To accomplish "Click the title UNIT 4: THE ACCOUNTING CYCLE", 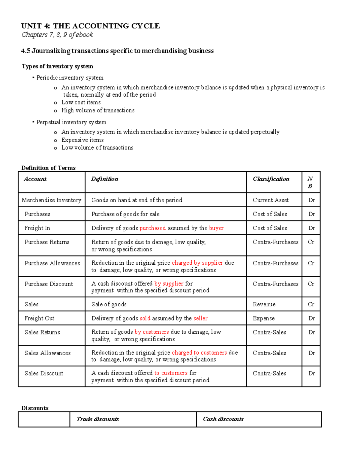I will [90, 26].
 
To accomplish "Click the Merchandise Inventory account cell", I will [52, 200].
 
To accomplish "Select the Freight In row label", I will [37, 228].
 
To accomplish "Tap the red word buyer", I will [216, 228].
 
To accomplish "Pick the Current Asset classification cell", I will [271, 200].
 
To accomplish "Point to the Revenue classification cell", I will [264, 304].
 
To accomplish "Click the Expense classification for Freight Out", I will [264, 318].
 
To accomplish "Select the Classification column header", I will [271, 179].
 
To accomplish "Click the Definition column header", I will [105, 179].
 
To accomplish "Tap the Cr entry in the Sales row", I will [311, 304].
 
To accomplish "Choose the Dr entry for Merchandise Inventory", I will [312, 200].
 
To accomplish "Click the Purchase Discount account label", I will [49, 284].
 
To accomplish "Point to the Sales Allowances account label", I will [47, 353].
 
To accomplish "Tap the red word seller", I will [200, 318].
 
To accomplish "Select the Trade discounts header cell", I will [98, 419].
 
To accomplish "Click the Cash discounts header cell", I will [223, 419].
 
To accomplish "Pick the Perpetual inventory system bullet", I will [71, 122].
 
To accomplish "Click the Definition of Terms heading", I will [48, 168].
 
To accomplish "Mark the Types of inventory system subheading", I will [57, 66].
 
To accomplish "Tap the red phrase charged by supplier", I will [197, 263].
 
